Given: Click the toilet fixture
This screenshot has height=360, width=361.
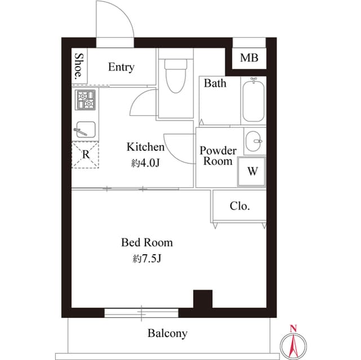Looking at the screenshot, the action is click(175, 75).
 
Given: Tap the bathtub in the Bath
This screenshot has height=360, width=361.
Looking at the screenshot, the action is click(253, 100).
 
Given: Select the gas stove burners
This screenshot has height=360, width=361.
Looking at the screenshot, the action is click(85, 100).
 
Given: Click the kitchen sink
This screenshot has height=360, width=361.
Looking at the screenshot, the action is click(86, 130).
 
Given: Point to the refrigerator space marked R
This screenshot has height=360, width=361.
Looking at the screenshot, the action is click(85, 155).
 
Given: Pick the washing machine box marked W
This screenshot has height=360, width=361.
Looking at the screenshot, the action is click(252, 171).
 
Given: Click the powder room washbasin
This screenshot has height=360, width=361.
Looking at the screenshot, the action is click(253, 141).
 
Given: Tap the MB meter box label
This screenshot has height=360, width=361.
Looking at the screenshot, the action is click(249, 57).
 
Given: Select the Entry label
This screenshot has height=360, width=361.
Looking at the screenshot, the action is click(121, 67).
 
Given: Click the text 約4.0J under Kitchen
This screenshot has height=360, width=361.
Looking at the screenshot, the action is click(146, 163).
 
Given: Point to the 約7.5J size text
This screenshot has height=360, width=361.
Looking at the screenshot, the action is click(147, 259).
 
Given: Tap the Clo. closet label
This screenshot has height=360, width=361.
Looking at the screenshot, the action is click(240, 206).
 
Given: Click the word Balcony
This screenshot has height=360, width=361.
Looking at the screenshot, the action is click(168, 334).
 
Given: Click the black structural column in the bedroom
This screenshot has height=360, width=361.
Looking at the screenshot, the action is click(202, 299).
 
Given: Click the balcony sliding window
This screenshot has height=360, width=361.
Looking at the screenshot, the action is click(142, 313).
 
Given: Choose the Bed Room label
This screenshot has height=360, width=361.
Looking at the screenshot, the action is click(147, 242).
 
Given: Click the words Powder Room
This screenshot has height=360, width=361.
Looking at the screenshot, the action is click(218, 155).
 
